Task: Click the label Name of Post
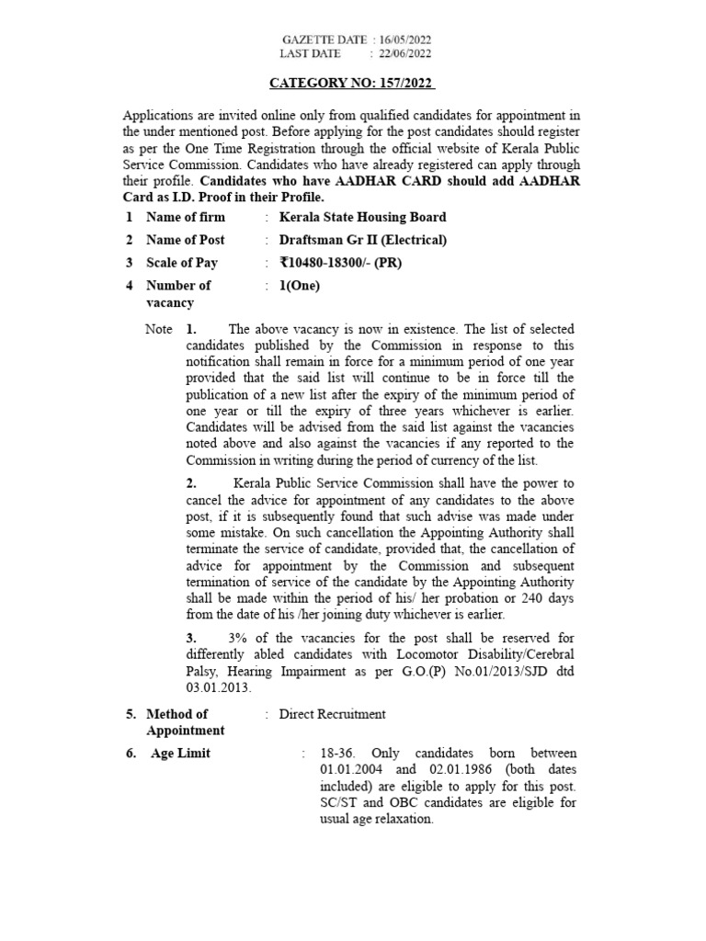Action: pos(186,240)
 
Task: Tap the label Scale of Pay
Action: pos(183,263)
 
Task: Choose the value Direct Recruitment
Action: pos(332,713)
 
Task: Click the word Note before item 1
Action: pos(159,328)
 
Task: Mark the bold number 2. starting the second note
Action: pos(190,482)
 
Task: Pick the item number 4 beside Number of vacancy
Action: pos(130,285)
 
